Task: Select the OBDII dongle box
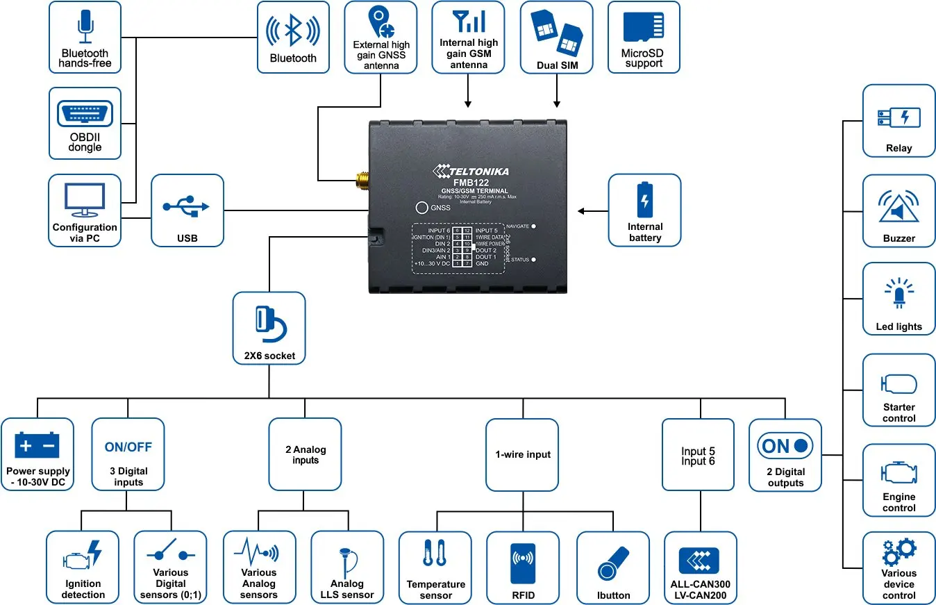[85, 123]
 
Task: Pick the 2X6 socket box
[269, 328]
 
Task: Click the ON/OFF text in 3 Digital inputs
[128, 447]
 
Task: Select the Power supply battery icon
[37, 446]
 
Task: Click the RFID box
[522, 567]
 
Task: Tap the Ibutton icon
[613, 563]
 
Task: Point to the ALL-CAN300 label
[700, 584]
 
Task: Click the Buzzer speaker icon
[899, 206]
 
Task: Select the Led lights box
[899, 299]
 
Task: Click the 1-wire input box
[522, 454]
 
